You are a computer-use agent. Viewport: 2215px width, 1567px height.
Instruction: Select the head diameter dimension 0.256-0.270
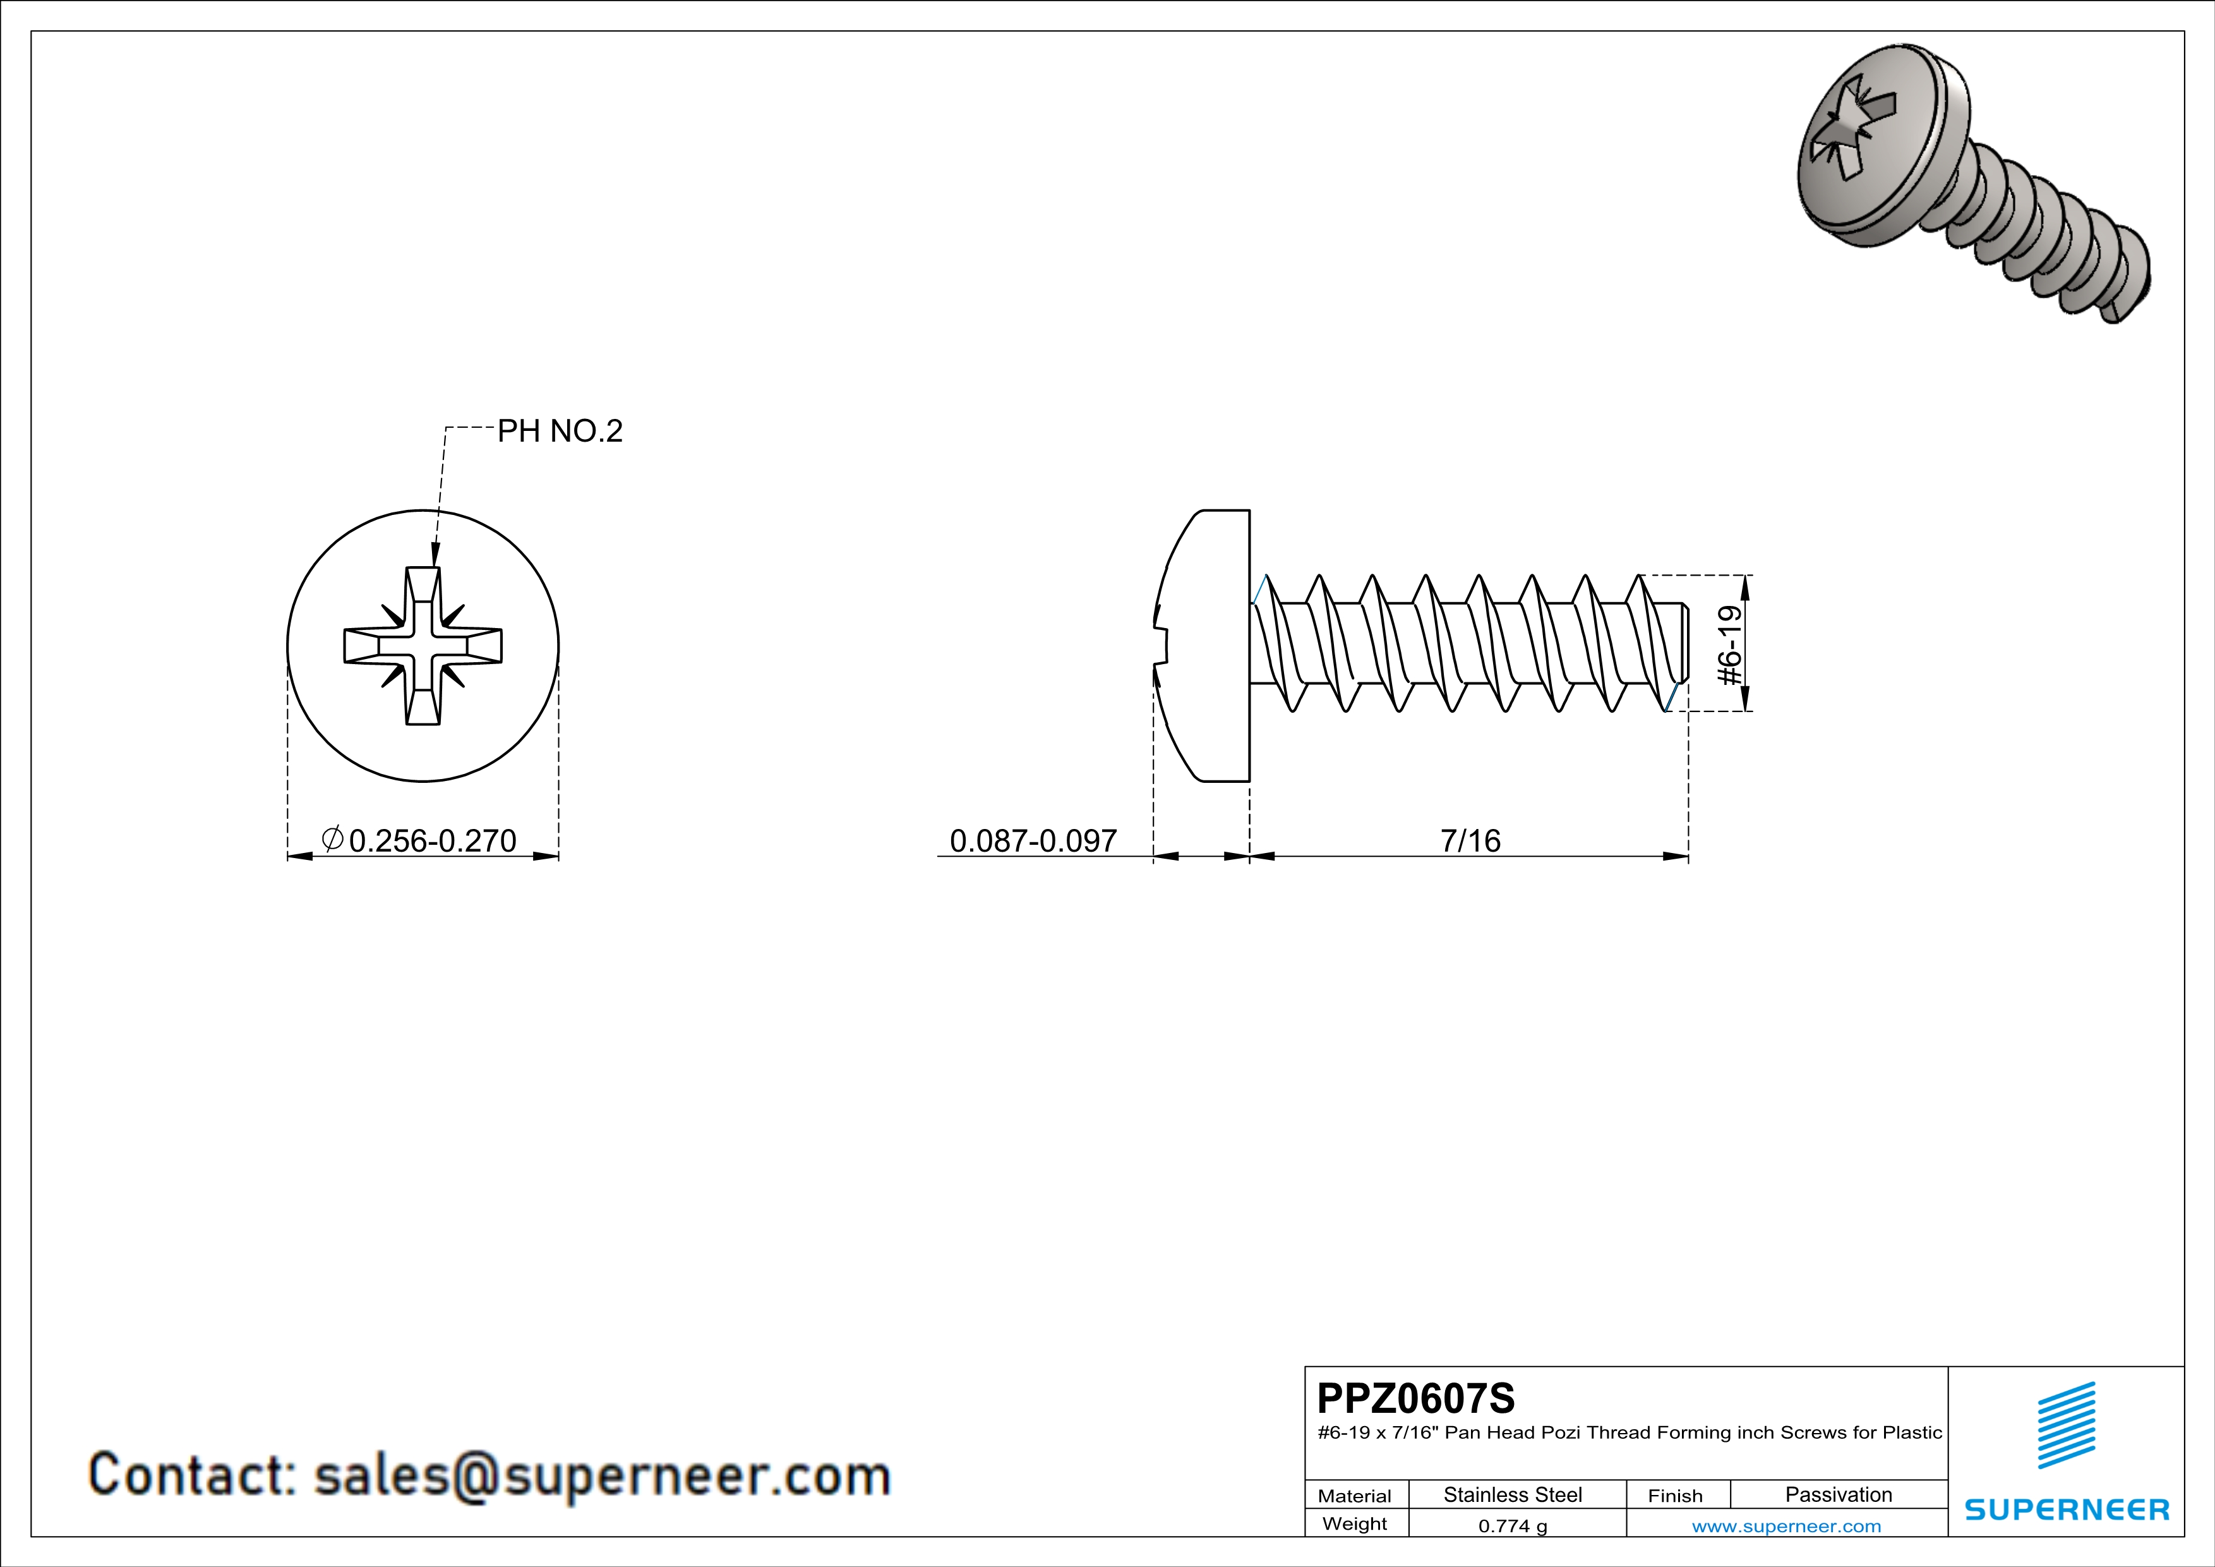tap(432, 840)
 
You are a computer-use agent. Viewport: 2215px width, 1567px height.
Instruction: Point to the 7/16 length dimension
tap(1470, 840)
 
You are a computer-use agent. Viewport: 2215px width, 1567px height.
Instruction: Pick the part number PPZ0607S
tap(1415, 1398)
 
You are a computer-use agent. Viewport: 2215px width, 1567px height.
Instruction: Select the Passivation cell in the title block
tap(1838, 1494)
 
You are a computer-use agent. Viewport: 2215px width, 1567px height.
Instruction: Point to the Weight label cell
tap(1355, 1523)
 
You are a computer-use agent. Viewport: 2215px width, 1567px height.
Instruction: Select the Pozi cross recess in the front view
tap(423, 646)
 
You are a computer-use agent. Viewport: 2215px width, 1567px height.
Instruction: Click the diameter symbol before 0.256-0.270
tap(332, 838)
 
